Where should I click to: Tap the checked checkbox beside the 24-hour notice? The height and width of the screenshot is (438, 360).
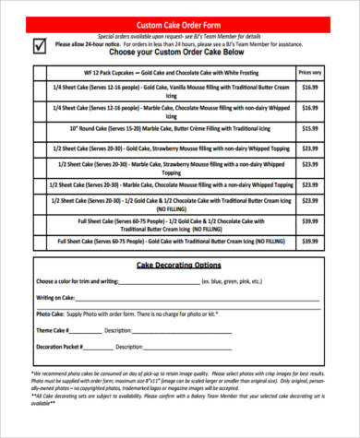[x=38, y=43]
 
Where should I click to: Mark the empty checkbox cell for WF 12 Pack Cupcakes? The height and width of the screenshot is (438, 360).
[x=41, y=71]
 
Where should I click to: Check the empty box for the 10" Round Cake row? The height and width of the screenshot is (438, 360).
[x=41, y=128]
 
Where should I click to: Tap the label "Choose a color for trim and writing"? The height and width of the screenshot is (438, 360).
[x=78, y=280]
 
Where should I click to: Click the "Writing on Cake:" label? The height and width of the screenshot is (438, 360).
[x=56, y=297]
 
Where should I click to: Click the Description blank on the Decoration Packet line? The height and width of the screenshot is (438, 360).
[x=185, y=348]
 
